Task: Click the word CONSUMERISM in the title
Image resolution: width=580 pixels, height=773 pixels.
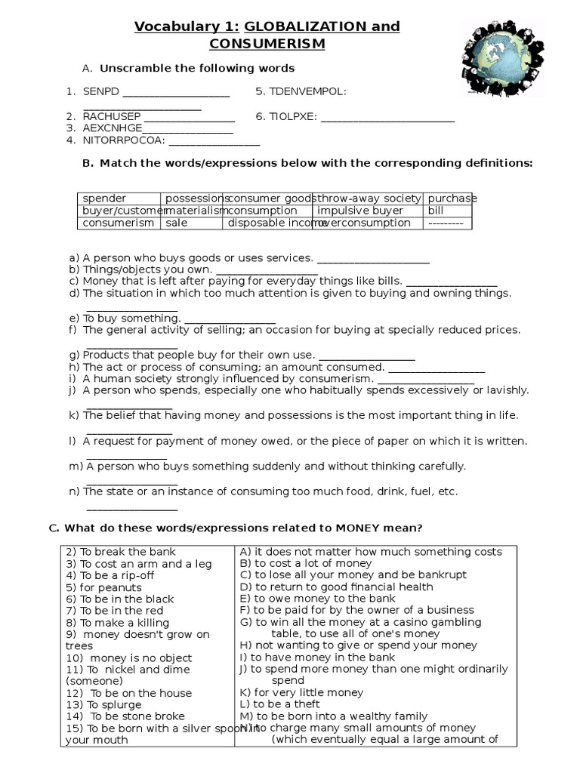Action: click(x=267, y=44)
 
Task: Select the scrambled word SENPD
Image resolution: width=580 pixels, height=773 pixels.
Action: click(x=100, y=91)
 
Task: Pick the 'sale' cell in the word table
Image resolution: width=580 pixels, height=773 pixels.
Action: click(x=177, y=223)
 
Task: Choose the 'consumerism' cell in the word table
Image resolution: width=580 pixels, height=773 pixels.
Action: click(x=118, y=223)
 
